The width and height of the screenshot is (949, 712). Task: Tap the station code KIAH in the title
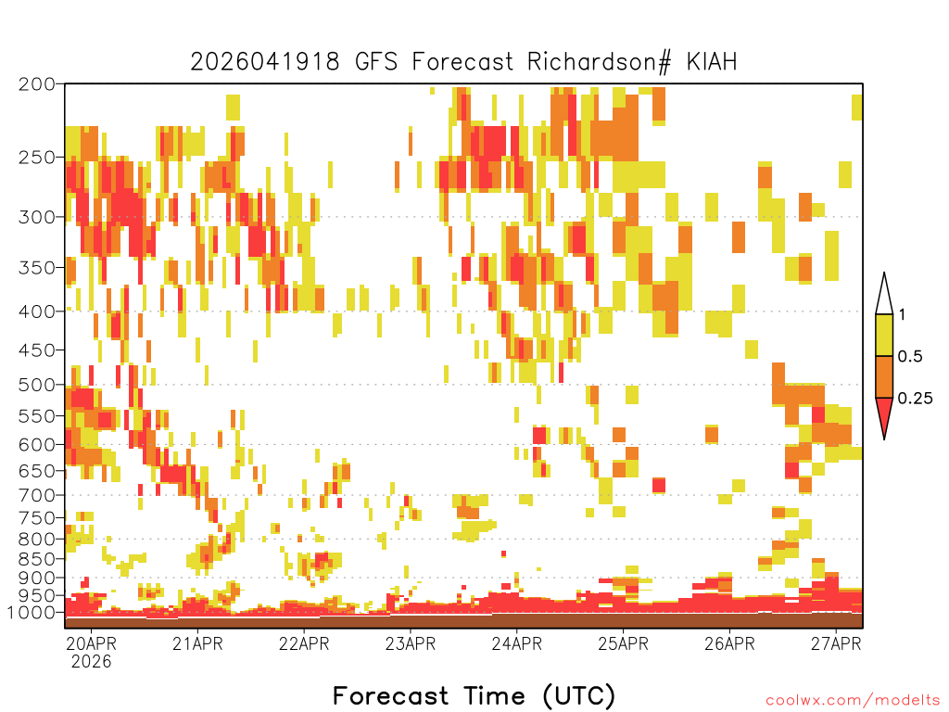tap(712, 61)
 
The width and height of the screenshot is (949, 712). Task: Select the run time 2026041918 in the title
tap(265, 62)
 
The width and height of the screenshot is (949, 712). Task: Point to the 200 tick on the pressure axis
tap(37, 84)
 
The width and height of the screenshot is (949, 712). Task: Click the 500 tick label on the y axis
tap(37, 385)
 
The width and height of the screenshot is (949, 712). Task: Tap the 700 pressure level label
tap(37, 495)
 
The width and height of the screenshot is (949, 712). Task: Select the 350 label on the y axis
tap(37, 268)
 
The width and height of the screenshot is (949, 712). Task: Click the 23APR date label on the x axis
tap(411, 643)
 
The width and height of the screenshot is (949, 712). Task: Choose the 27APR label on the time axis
tap(836, 643)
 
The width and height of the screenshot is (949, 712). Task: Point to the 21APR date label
tap(197, 643)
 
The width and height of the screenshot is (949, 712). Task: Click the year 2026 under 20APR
tap(92, 662)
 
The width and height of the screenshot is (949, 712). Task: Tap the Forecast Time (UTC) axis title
tap(474, 695)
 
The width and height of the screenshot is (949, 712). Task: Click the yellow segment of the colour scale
tap(884, 335)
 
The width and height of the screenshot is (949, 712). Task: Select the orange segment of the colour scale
tap(884, 376)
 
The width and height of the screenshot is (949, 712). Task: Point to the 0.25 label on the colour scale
tap(915, 399)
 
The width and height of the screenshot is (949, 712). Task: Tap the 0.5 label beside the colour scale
tap(910, 356)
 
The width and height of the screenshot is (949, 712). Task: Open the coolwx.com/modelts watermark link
tap(854, 701)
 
